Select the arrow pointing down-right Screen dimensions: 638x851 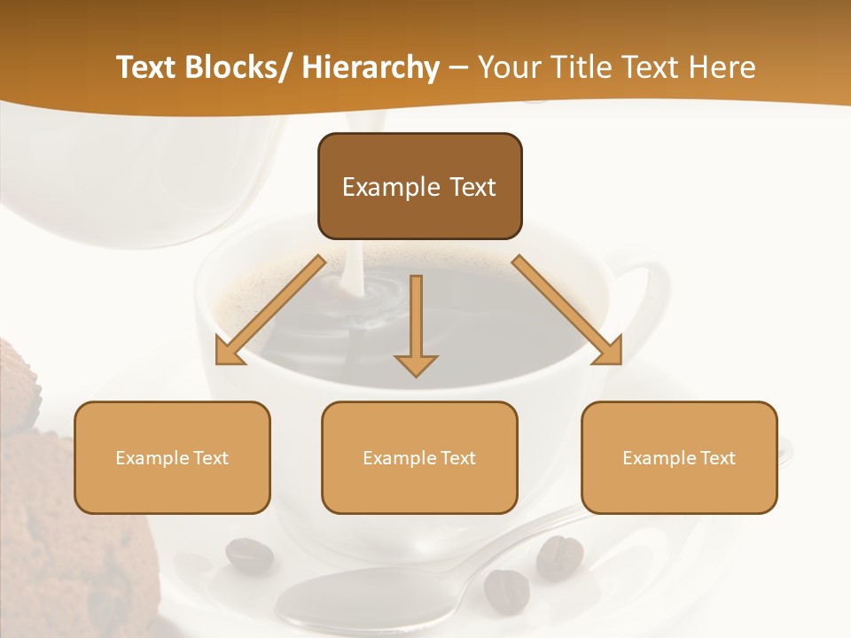[567, 310]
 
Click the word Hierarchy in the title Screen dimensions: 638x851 [370, 68]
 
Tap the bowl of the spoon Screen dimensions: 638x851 [355, 598]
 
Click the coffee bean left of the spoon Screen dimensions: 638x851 [249, 556]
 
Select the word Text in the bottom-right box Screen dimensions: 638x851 [717, 458]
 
